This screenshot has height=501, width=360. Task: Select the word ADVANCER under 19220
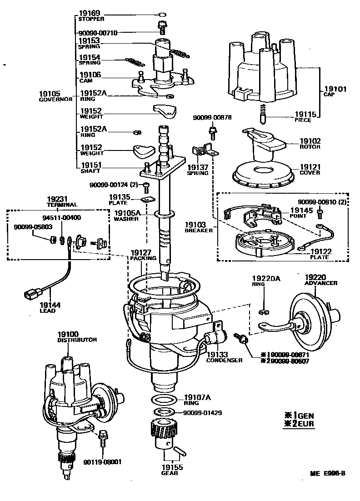[321, 283]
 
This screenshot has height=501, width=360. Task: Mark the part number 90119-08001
[102, 462]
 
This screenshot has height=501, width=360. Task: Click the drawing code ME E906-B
[328, 473]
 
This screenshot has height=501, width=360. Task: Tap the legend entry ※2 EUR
[299, 424]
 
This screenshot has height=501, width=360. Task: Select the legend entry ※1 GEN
[299, 415]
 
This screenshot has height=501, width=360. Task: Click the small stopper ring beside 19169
[162, 15]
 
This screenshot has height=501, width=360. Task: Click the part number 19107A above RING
[197, 397]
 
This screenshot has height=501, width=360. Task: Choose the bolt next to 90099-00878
[212, 132]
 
